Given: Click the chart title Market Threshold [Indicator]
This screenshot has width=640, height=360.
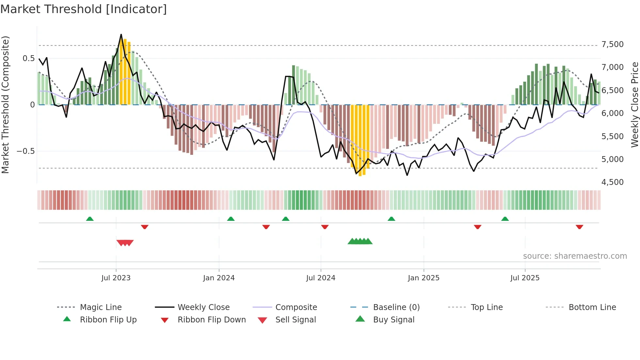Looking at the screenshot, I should click(84, 9).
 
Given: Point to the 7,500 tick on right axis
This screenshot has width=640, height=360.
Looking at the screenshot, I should click(612, 44).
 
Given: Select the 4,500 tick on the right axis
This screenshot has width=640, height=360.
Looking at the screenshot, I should click(612, 182).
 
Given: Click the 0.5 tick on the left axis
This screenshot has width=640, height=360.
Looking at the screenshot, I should click(28, 58).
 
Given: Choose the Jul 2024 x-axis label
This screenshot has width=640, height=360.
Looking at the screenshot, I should click(321, 278).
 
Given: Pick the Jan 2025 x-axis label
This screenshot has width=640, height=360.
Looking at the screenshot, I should click(424, 278).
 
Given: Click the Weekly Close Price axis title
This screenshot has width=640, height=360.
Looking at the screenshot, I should click(634, 105).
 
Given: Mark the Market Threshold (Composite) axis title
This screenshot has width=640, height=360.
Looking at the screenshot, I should click(5, 105).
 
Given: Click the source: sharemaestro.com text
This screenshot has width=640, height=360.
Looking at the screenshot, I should click(575, 256).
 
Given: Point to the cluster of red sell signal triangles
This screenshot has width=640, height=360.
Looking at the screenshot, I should click(125, 243).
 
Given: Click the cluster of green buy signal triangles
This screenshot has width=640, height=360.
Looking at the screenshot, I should click(360, 241).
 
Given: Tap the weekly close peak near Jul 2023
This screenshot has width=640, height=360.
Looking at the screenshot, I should click(121, 35).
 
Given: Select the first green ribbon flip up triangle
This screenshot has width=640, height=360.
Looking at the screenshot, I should click(90, 219).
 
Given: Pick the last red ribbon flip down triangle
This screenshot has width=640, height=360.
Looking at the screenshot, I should click(579, 227).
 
